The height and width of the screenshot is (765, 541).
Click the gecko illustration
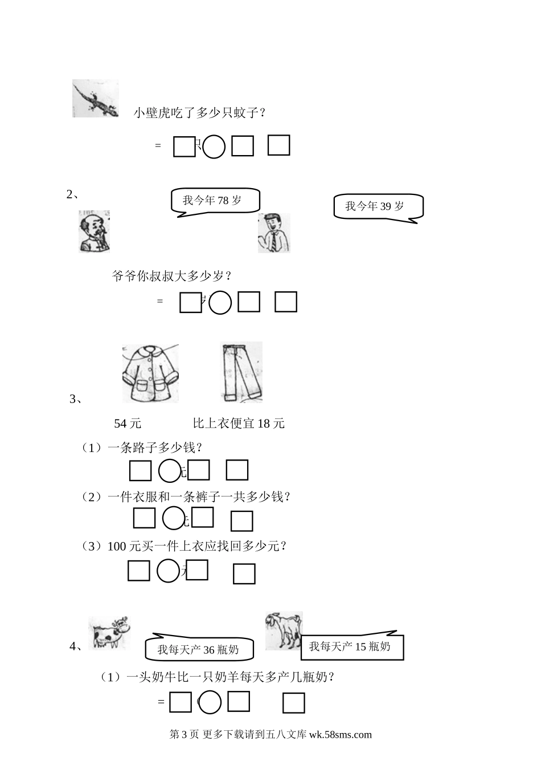(x=96, y=99)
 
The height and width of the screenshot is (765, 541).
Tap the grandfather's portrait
(x=94, y=231)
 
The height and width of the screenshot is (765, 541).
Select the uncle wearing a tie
(x=274, y=233)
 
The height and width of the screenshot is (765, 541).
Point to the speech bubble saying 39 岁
(x=379, y=208)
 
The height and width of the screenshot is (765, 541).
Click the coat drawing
(x=150, y=373)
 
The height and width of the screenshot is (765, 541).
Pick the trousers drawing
(x=241, y=372)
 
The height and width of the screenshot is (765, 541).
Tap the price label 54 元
(x=128, y=424)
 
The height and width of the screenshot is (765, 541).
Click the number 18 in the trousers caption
(x=264, y=424)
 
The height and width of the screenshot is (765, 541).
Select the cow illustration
(x=109, y=633)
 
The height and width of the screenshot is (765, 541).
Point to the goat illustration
(x=284, y=631)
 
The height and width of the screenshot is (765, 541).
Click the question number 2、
(x=73, y=194)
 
